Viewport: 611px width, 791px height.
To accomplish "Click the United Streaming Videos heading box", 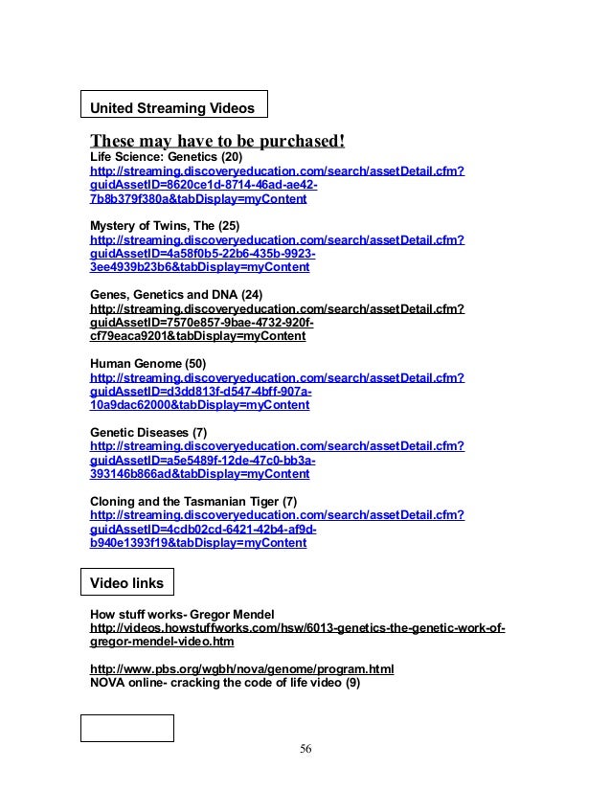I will [172, 103].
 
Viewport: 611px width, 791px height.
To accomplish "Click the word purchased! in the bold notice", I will [297, 142].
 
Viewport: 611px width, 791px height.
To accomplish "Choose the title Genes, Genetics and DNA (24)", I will [175, 295].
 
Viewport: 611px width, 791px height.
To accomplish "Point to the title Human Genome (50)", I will [147, 364].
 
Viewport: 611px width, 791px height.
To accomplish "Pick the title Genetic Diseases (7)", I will [147, 433].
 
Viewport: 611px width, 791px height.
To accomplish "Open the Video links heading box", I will [126, 582].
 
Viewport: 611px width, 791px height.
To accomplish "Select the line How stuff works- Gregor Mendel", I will [182, 614].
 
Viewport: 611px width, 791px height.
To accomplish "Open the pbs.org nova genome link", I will [241, 668].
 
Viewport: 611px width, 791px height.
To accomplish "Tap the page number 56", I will [305, 747].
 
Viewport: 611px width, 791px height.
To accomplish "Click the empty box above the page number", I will [126, 728].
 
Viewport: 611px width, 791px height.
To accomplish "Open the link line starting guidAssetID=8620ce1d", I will [204, 185].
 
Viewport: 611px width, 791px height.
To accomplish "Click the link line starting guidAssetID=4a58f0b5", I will [203, 254].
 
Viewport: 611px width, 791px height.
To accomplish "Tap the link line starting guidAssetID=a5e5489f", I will [202, 461].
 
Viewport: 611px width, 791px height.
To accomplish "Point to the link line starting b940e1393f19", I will [198, 544].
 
